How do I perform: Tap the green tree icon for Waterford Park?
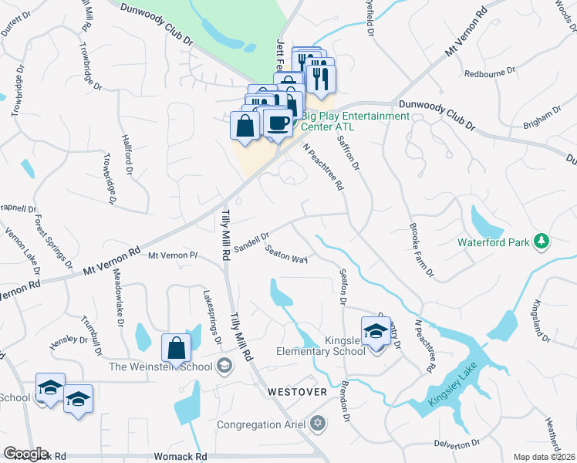[x=542, y=242]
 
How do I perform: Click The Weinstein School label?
[x=160, y=367]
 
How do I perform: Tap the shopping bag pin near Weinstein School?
[x=176, y=349]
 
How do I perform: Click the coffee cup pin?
[x=278, y=122]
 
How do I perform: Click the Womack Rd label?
[x=181, y=457]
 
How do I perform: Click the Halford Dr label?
[x=127, y=154]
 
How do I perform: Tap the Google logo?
[x=25, y=454]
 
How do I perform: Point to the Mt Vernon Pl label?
[x=174, y=255]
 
